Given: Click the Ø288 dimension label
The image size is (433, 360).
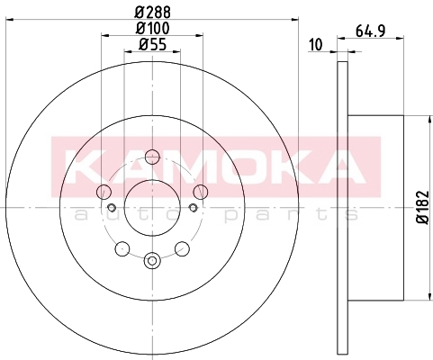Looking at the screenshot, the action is click(x=153, y=13).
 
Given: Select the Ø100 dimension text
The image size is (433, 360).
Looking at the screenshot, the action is click(x=153, y=28).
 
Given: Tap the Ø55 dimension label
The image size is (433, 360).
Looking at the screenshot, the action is click(x=153, y=45).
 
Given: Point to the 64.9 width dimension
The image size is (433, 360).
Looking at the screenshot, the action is click(x=370, y=31).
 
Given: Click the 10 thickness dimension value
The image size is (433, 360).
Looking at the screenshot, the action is click(x=315, y=45).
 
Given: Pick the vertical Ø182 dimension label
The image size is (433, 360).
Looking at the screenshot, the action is click(x=422, y=207).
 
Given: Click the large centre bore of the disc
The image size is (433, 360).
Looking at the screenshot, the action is click(x=152, y=207).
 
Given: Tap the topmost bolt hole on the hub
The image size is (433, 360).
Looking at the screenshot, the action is click(x=152, y=157).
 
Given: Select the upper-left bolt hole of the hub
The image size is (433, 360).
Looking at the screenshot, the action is click(x=104, y=192).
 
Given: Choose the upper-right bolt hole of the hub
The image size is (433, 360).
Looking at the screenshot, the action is click(x=200, y=192).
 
